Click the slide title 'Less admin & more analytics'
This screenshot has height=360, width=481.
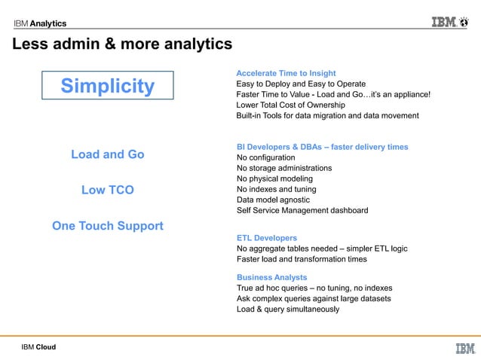click(121, 45)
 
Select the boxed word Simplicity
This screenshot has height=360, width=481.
click(107, 86)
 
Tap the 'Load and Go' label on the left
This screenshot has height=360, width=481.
click(107, 154)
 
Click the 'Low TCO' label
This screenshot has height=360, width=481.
click(107, 191)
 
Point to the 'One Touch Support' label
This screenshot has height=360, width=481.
click(107, 226)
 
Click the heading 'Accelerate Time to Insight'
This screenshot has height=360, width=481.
click(286, 73)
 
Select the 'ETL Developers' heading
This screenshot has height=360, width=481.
click(267, 238)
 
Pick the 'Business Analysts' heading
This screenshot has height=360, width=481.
click(271, 277)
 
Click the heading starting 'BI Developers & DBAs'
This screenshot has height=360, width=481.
click(322, 147)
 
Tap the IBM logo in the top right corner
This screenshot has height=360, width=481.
click(454, 22)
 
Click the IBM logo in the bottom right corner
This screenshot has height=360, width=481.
click(465, 348)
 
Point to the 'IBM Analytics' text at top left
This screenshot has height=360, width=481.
click(39, 23)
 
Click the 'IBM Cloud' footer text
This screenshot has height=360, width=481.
click(38, 347)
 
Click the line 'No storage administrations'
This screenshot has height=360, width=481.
click(284, 168)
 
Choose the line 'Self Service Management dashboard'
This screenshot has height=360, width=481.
click(302, 210)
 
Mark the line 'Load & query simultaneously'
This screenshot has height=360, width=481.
click(288, 309)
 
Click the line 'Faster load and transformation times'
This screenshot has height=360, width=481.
click(302, 259)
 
